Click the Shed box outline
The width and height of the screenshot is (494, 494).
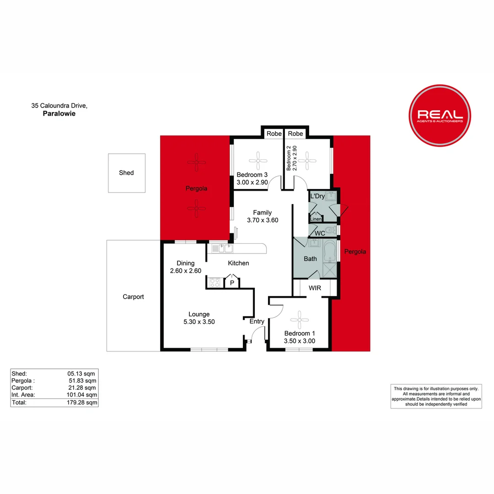tap(127, 173)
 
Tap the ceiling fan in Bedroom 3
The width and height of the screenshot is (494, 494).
tap(257, 161)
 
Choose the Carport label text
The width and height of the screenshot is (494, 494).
tap(133, 297)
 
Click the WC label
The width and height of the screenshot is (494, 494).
tap(320, 233)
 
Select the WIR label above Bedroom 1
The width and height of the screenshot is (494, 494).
tap(315, 288)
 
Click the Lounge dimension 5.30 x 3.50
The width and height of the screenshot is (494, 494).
tap(199, 322)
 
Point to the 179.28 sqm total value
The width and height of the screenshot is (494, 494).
tap(82, 403)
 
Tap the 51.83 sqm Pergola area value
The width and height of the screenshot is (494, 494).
tap(82, 381)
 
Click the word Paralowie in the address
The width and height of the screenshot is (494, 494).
tap(59, 114)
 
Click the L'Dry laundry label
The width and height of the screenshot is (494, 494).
tap(317, 197)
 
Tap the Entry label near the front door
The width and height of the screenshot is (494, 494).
tap(257, 322)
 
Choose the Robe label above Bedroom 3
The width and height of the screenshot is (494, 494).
tap(274, 134)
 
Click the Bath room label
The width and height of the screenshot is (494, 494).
tap(311, 259)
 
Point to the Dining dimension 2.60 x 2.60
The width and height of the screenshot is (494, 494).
tap(183, 271)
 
